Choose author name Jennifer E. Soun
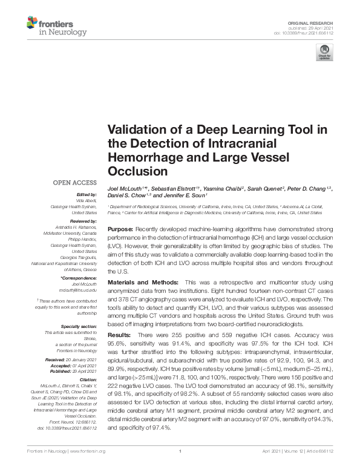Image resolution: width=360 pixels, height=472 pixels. pyautogui.click(x=181, y=196)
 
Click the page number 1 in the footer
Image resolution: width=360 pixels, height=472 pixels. pyautogui.click(x=180, y=468)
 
